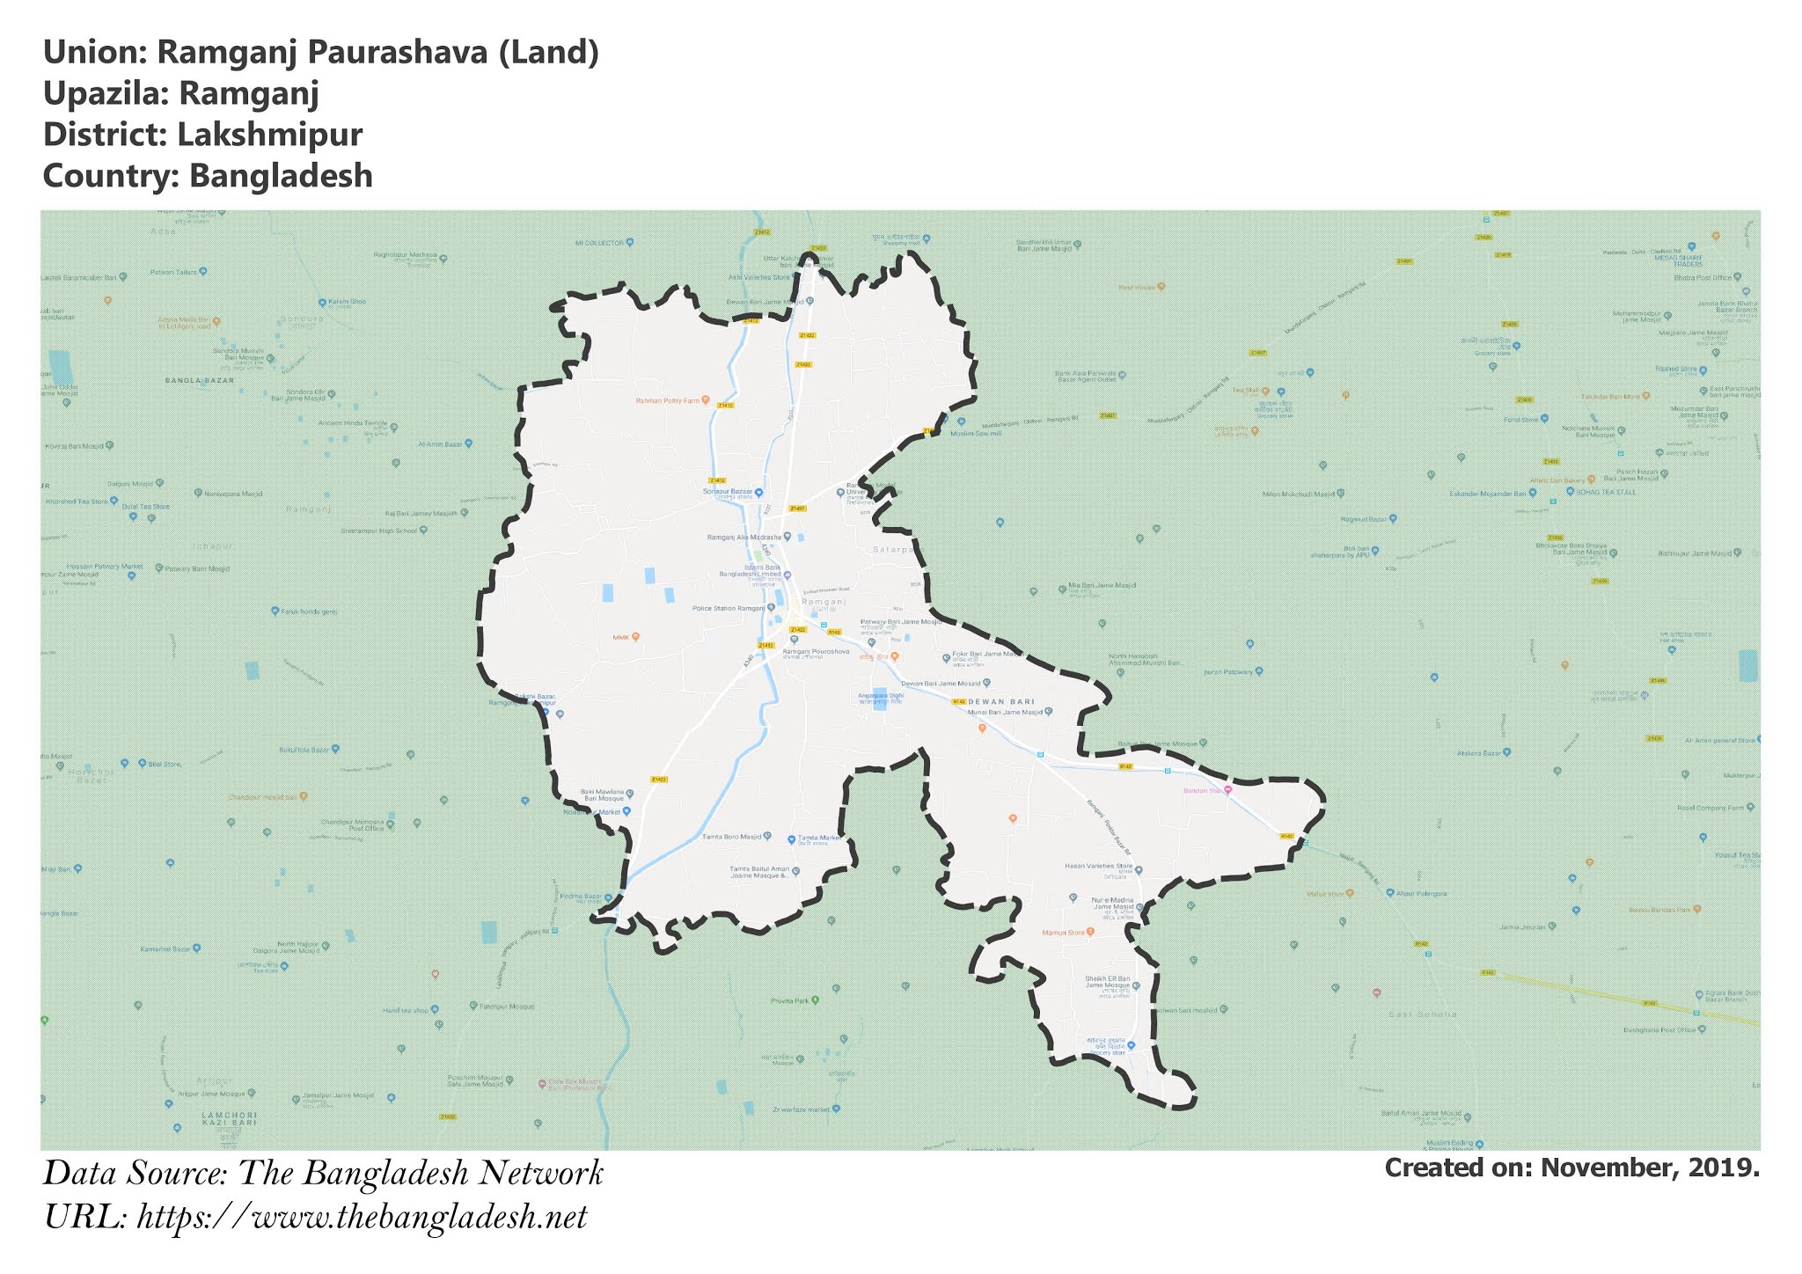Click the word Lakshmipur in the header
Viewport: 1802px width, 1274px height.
click(269, 135)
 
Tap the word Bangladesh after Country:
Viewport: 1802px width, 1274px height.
click(282, 176)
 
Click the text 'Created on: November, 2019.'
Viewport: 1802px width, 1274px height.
click(1571, 1168)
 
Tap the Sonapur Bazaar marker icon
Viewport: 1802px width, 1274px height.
click(759, 492)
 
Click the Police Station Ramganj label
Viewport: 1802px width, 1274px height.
click(728, 608)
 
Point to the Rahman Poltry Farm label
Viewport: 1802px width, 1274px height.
click(666, 400)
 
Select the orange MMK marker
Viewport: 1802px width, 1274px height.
click(635, 636)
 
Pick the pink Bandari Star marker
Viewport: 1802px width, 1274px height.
click(1228, 790)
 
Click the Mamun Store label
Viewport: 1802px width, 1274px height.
click(1063, 932)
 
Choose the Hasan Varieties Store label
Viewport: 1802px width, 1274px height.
click(1098, 866)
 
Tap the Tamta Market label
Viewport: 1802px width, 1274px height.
click(818, 838)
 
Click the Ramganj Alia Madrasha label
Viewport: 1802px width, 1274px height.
click(744, 537)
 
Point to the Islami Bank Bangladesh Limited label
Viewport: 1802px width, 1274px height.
click(750, 571)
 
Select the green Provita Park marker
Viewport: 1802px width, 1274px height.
click(815, 1000)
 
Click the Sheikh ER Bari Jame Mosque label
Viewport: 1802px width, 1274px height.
click(1106, 982)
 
